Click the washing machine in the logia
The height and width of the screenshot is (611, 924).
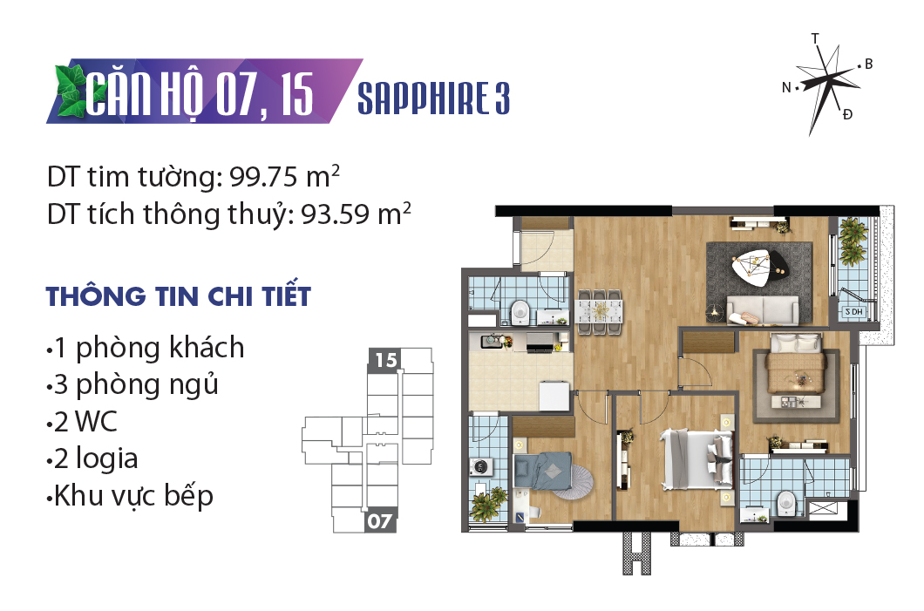click(481, 467)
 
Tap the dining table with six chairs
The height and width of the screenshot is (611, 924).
click(600, 312)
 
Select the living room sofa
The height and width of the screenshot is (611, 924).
click(763, 309)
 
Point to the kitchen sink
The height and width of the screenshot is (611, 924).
click(492, 341)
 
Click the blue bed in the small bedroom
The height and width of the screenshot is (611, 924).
click(543, 471)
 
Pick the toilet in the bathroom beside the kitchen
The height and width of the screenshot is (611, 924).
click(520, 312)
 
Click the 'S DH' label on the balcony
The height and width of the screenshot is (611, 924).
click(854, 312)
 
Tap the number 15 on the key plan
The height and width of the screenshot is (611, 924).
click(386, 359)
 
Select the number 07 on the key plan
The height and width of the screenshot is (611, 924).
click(379, 521)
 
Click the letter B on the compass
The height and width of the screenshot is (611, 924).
click(868, 64)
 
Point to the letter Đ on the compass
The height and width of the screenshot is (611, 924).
click(847, 113)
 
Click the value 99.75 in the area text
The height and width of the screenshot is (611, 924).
click(264, 177)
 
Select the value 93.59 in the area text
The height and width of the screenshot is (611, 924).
click(336, 214)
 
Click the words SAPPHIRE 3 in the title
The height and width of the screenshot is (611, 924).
click(434, 98)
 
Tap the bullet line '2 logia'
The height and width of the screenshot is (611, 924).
click(92, 459)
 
